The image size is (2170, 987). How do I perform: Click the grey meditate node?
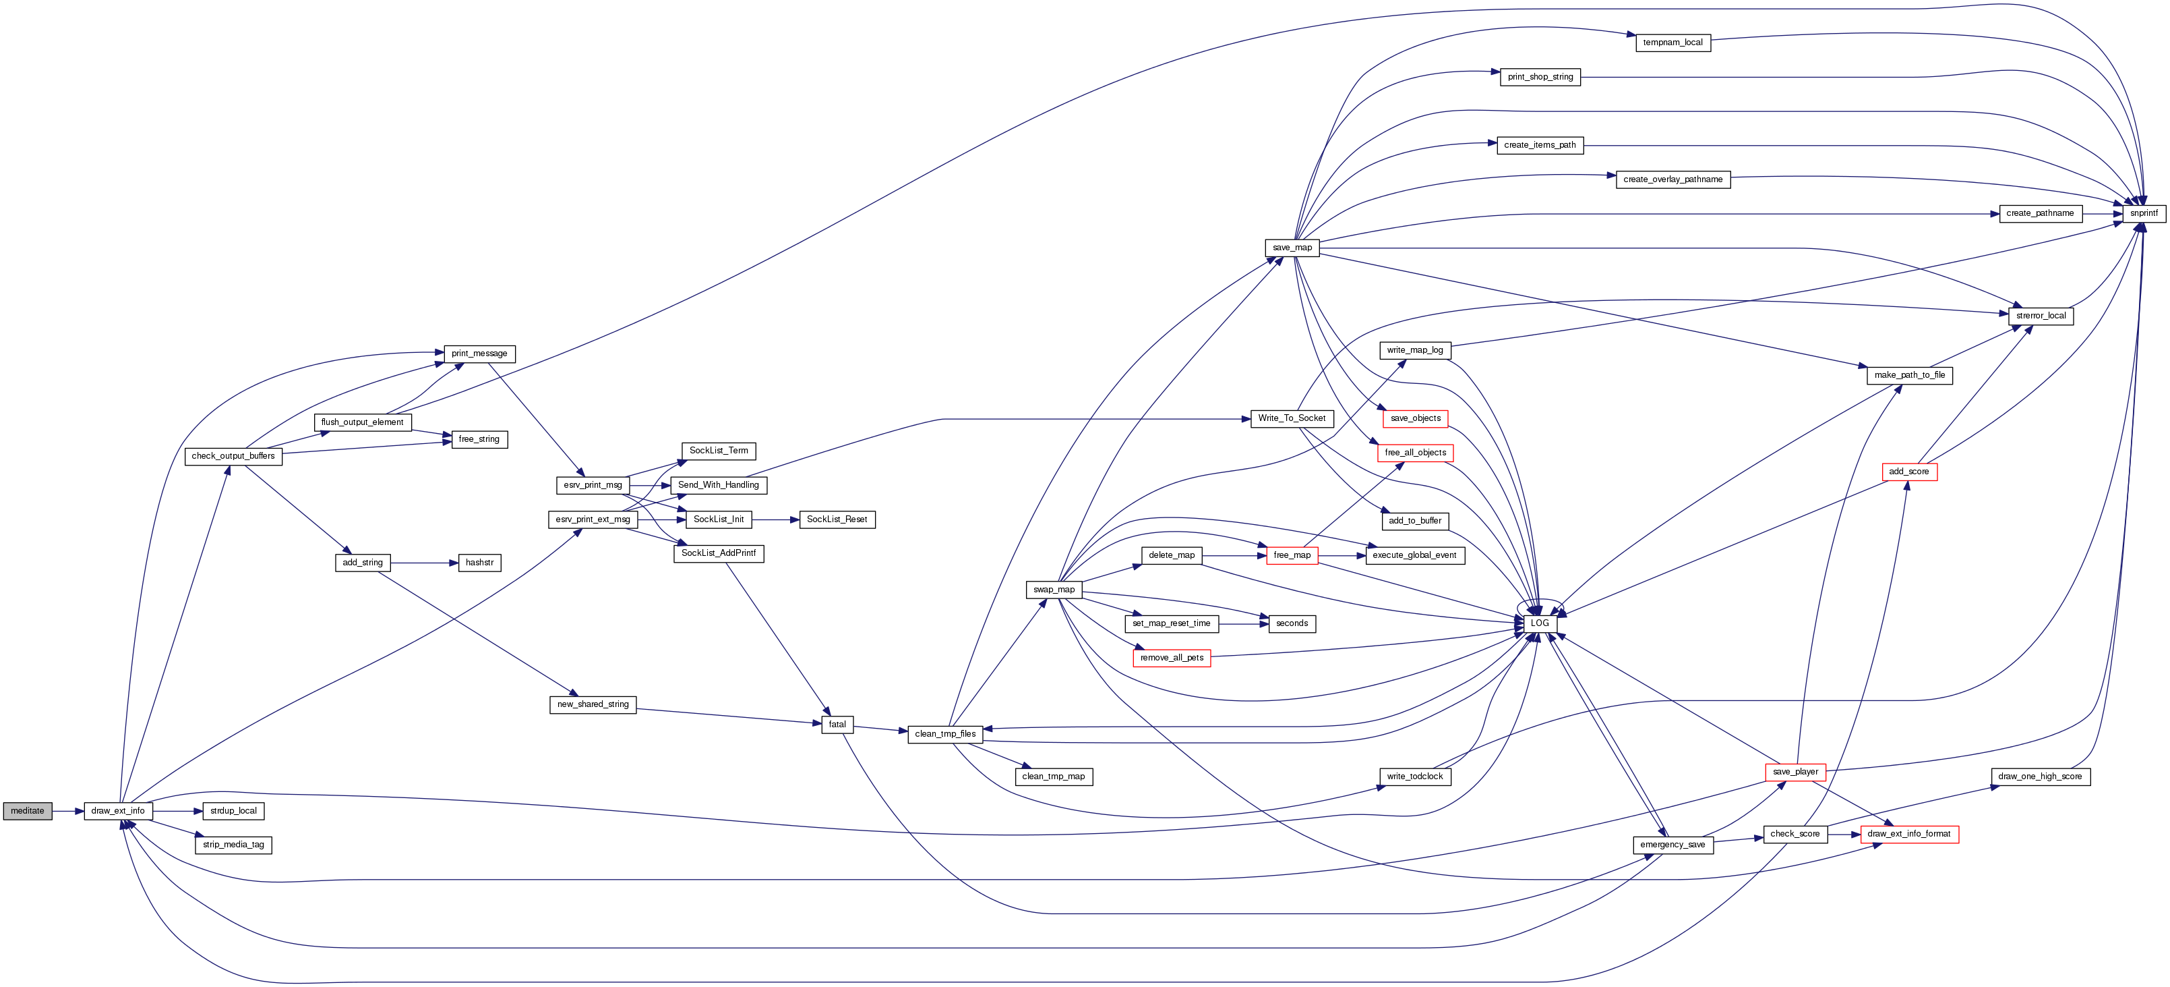(28, 811)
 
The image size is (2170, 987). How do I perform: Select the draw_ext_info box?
(118, 811)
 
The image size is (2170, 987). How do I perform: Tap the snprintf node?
(2143, 213)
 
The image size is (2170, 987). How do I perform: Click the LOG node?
(1539, 623)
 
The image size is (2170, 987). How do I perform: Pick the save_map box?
(1292, 248)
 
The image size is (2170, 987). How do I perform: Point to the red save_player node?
(1795, 772)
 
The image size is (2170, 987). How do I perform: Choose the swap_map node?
(1054, 589)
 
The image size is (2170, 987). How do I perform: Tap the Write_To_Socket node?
(1292, 418)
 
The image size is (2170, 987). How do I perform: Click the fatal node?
(837, 724)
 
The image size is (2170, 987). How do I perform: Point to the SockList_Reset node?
(837, 519)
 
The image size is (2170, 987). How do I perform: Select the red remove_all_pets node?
(1171, 658)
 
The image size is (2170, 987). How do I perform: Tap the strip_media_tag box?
(233, 845)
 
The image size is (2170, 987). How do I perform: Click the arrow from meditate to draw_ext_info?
(67, 811)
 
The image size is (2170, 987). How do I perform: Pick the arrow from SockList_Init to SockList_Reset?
(775, 519)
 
